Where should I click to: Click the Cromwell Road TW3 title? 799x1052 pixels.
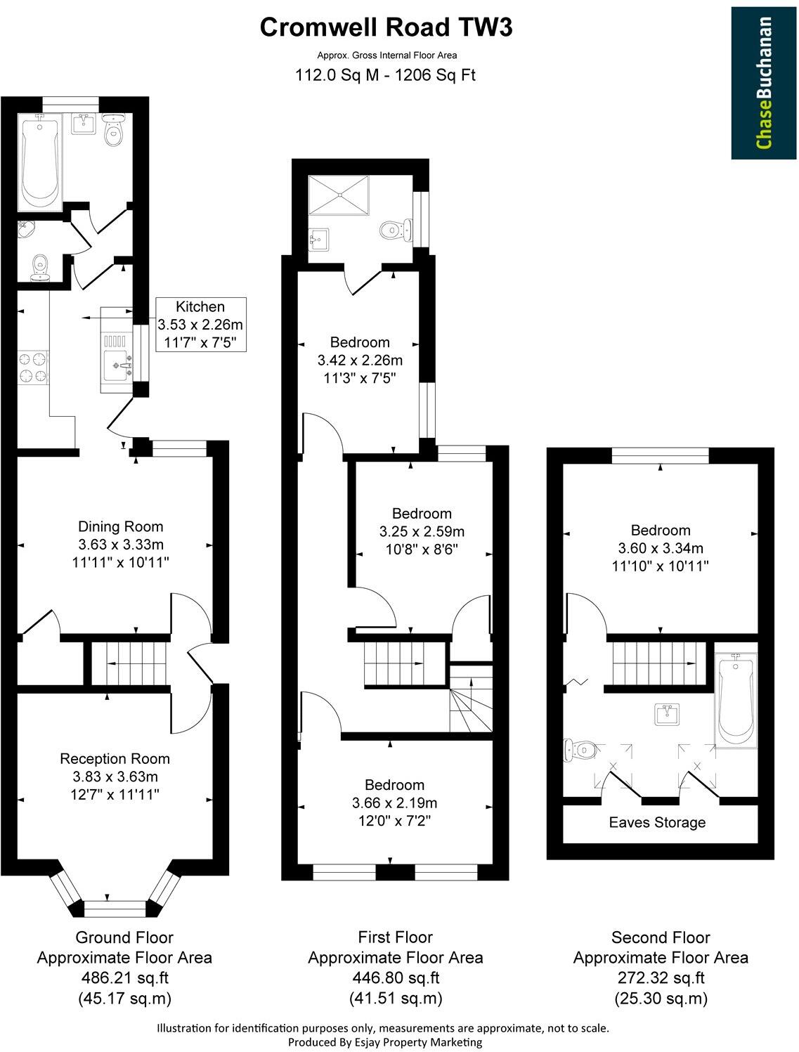(x=386, y=27)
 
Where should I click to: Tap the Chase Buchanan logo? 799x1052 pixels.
(x=764, y=83)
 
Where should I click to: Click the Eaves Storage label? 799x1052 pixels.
(x=657, y=822)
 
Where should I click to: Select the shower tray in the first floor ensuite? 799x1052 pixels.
(x=338, y=195)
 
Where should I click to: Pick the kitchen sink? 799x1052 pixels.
(x=117, y=364)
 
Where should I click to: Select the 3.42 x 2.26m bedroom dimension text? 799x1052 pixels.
(x=360, y=361)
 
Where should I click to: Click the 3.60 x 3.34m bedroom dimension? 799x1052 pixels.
(x=660, y=548)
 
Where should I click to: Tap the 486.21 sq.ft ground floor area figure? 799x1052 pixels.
(x=124, y=977)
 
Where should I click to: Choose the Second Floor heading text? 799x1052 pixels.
(x=661, y=937)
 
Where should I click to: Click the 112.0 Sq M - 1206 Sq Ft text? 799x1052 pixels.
(x=386, y=75)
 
